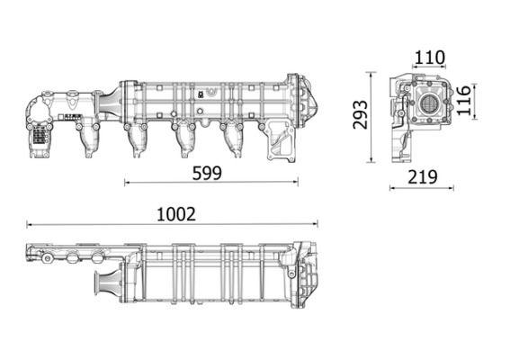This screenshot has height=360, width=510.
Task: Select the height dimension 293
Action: pyautogui.click(x=361, y=115)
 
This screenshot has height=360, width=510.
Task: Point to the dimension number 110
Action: pyautogui.click(x=429, y=58)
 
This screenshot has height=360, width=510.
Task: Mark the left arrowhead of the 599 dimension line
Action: pyautogui.click(x=127, y=183)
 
